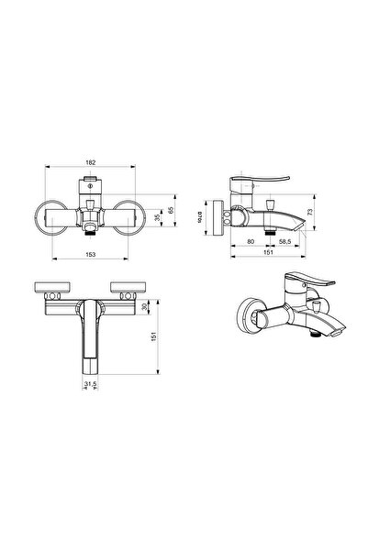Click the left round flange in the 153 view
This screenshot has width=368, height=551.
[x=48, y=218]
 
